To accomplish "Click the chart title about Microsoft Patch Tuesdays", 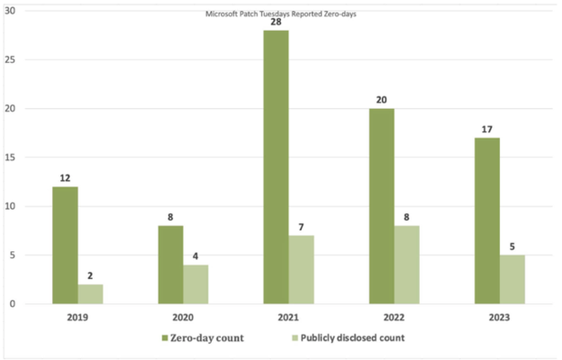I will click(281, 14).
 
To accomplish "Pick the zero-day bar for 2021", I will click(276, 167).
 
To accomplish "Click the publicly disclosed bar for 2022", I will click(407, 265).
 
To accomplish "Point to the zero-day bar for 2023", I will click(486, 220).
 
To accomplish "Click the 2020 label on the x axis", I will click(184, 317).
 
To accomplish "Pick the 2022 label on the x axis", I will click(394, 317).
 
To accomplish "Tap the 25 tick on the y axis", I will click(11, 59).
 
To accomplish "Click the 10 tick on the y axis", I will click(11, 206).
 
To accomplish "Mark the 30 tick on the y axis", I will click(11, 11).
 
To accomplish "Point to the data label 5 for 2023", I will click(512, 244).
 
